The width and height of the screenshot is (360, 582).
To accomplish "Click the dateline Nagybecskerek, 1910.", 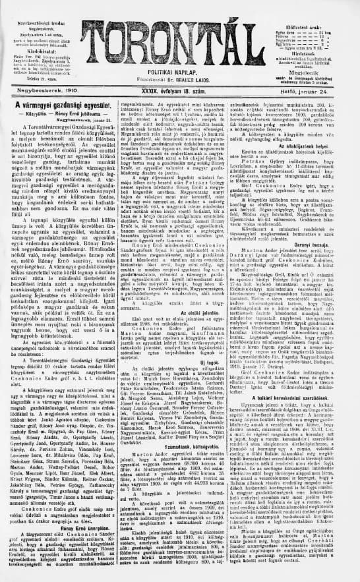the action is (x=34, y=86).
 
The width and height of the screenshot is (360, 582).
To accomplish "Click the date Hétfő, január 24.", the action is (x=324, y=86).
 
